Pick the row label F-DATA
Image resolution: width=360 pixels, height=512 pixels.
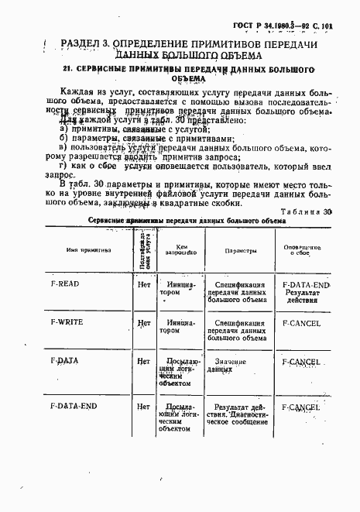pos(63,361)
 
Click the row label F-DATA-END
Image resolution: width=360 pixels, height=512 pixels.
pos(73,405)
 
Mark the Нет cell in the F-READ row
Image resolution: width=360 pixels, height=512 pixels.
pos(143,285)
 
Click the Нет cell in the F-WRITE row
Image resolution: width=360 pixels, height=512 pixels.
pos(143,322)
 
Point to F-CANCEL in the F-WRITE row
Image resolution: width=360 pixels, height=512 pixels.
pos(301,322)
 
